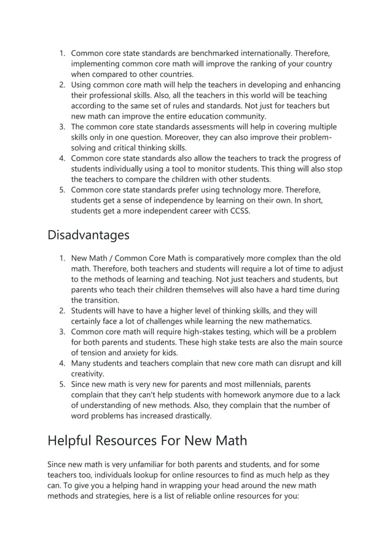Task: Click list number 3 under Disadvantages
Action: [x=62, y=332]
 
